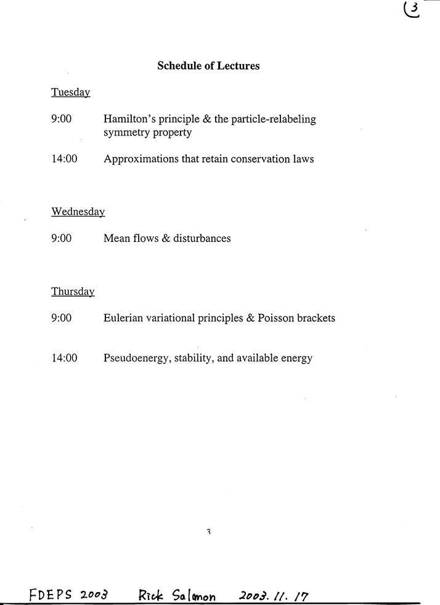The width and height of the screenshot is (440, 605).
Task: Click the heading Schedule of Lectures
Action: coord(208,66)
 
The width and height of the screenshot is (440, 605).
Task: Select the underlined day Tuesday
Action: coord(71,92)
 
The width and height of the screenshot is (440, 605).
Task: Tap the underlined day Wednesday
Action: coord(78,212)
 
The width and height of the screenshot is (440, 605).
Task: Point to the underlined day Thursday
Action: coord(73,292)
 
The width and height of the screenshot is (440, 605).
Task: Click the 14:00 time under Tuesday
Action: coord(64,159)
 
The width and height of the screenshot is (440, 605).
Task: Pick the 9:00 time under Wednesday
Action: coord(62,238)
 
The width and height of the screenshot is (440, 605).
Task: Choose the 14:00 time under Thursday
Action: coord(64,358)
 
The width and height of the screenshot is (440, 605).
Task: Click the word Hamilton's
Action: coord(127,119)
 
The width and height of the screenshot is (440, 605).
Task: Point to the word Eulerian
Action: coord(123,318)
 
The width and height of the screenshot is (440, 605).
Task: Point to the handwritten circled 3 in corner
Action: coord(412,10)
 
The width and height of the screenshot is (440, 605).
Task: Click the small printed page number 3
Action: coord(209,532)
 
